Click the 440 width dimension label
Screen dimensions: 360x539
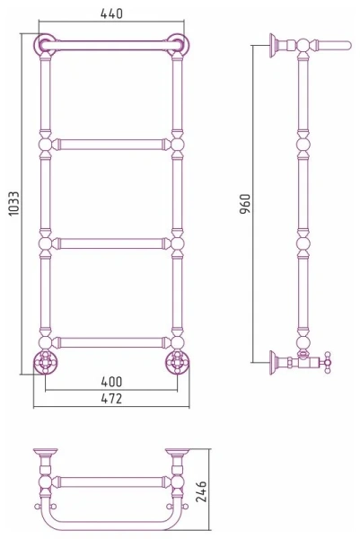point(111,13)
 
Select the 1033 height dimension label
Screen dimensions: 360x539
point(14,204)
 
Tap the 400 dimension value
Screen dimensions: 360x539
point(111,382)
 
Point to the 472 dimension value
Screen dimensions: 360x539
point(111,399)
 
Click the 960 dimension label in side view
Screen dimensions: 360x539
point(245,204)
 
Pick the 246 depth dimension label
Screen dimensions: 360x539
point(201,491)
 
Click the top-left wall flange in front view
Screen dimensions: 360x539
point(45,45)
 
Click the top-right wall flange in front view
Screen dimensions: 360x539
point(178,45)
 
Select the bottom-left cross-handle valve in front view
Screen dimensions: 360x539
point(46,362)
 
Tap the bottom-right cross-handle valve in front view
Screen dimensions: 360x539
point(177,362)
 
